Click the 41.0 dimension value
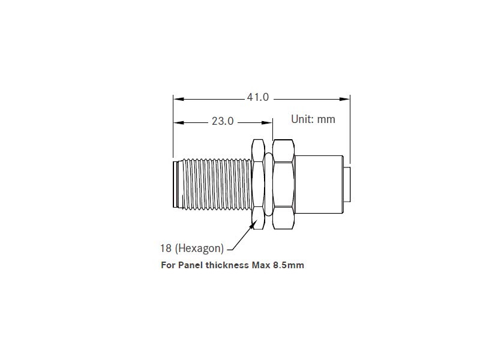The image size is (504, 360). click(x=258, y=97)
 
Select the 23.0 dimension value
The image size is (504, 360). click(x=222, y=121)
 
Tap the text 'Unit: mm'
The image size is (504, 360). click(x=313, y=119)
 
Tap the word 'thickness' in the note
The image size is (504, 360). click(x=226, y=265)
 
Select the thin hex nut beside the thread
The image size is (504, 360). click(x=258, y=184)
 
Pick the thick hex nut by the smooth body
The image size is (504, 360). click(x=283, y=184)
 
